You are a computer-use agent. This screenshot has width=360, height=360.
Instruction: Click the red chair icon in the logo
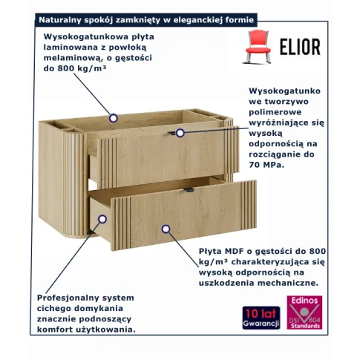pyautogui.click(x=257, y=47)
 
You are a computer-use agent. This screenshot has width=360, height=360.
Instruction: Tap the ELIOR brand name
pyautogui.click(x=300, y=47)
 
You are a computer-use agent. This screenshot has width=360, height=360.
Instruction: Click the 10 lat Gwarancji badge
pyautogui.click(x=261, y=318)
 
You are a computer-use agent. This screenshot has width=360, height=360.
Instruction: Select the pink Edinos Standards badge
pyautogui.click(x=304, y=312)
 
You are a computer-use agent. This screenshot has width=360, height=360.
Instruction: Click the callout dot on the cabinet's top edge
pyautogui.click(x=114, y=118)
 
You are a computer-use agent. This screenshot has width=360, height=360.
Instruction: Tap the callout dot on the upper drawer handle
pyautogui.click(x=180, y=133)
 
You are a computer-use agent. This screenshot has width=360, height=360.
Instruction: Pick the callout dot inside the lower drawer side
pyautogui.click(x=102, y=219)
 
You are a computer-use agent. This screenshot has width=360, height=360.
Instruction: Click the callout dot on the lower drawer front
pyautogui.click(x=166, y=229)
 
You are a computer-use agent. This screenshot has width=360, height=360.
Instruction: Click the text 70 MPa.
pyautogui.click(x=266, y=165)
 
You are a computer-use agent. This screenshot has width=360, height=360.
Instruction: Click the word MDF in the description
pyautogui.click(x=234, y=252)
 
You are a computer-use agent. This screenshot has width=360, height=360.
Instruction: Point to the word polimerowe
pyautogui.click(x=275, y=112)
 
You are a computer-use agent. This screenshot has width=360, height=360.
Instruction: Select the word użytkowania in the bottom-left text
pyautogui.click(x=110, y=330)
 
